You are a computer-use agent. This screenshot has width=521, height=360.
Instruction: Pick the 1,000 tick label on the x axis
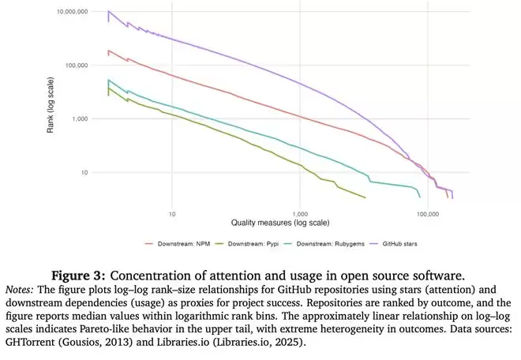coord(299,213)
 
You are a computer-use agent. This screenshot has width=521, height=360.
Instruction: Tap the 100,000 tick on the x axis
coord(426,213)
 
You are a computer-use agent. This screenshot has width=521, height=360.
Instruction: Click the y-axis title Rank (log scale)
coord(51,100)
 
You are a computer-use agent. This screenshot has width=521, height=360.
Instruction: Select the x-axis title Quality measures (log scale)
coord(280,223)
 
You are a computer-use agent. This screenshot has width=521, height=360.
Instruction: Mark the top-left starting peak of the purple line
coord(108,12)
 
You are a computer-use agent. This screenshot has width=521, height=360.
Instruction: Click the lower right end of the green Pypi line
coord(365,197)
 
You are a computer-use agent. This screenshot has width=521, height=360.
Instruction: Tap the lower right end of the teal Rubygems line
coord(420,197)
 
